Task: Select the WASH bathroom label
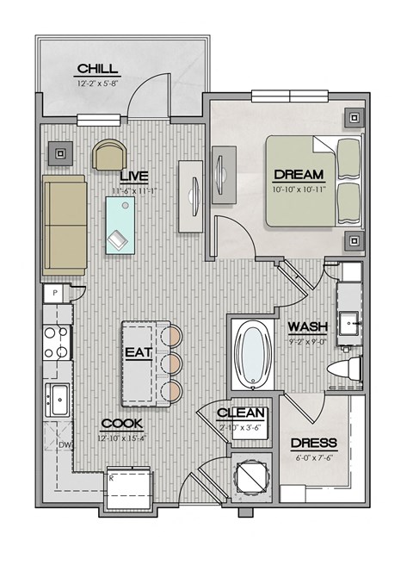[305, 327]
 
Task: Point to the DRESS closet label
[313, 444]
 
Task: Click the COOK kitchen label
[120, 424]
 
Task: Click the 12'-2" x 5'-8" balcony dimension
[98, 84]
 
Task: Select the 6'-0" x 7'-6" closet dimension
[313, 457]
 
